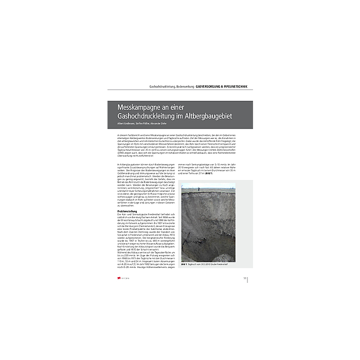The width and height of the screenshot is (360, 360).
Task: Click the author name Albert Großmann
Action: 125,124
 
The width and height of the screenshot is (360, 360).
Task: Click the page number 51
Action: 245,277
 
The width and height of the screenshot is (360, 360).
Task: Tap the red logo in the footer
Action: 120,277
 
